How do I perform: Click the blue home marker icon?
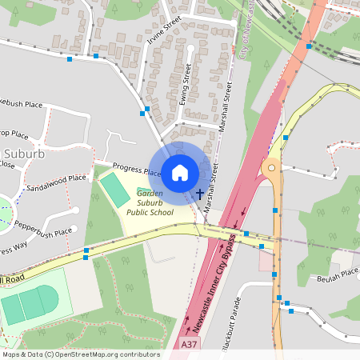[x=180, y=172]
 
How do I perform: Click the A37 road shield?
[x=189, y=344]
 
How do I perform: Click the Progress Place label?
[x=137, y=169]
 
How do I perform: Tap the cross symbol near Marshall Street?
[x=199, y=194]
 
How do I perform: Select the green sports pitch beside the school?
[x=114, y=189]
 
